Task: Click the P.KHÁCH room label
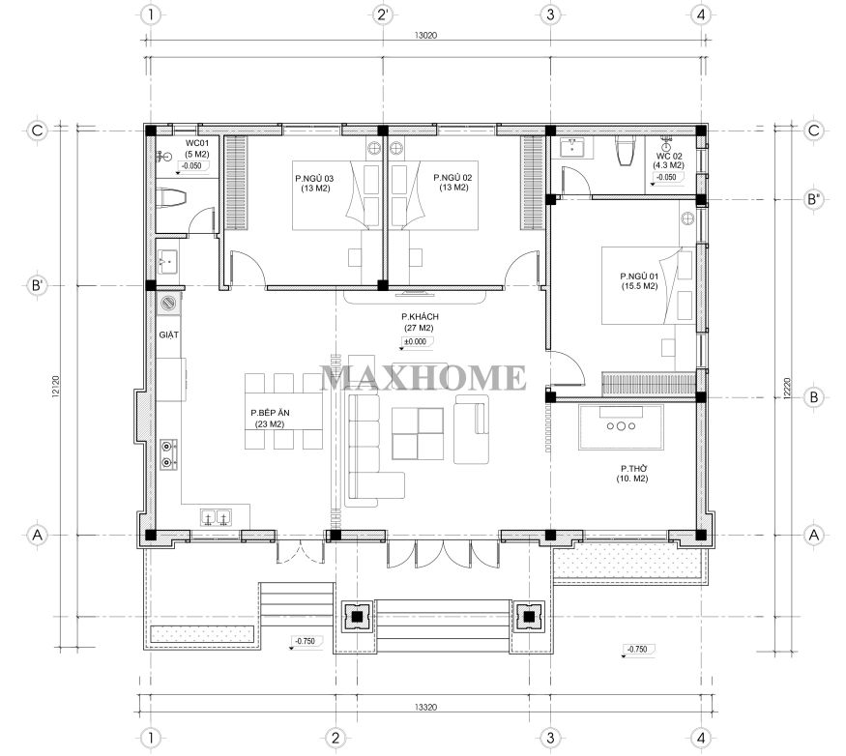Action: pos(420,316)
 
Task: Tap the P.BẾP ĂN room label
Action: pos(270,413)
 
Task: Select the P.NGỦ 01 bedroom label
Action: pos(639,276)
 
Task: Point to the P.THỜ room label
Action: pos(633,468)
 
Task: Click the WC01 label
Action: pos(197,143)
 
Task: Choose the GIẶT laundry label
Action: pos(169,335)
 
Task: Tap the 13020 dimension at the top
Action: pos(425,36)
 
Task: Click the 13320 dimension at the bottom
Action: pos(425,707)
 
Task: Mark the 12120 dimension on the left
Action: pos(56,387)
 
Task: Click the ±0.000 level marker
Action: pos(416,341)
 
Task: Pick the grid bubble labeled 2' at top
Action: pos(382,15)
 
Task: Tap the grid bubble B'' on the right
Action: pos(814,200)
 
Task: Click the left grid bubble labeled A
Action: pos(38,535)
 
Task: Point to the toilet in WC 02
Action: pos(627,151)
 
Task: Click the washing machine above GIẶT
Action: pos(168,304)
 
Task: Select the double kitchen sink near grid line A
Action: pos(217,517)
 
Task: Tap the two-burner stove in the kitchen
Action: pos(168,454)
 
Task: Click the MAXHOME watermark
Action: pos(423,377)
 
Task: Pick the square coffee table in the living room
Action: pos(418,433)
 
